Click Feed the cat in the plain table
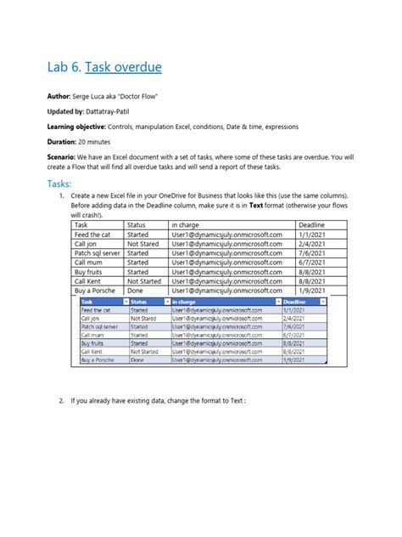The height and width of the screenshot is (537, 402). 92,234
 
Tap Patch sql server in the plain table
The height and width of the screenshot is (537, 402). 97,252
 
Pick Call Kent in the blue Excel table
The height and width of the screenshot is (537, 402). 92,351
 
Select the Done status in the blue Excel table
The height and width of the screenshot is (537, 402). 137,360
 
